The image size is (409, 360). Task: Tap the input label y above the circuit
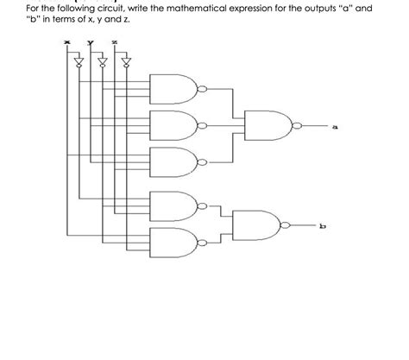(89, 44)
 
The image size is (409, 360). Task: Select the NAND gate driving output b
(259, 224)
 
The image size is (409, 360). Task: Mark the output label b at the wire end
(323, 225)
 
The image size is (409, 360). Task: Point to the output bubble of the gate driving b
(285, 224)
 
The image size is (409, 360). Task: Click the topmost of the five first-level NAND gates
(176, 88)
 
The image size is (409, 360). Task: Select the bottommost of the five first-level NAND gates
(176, 243)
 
